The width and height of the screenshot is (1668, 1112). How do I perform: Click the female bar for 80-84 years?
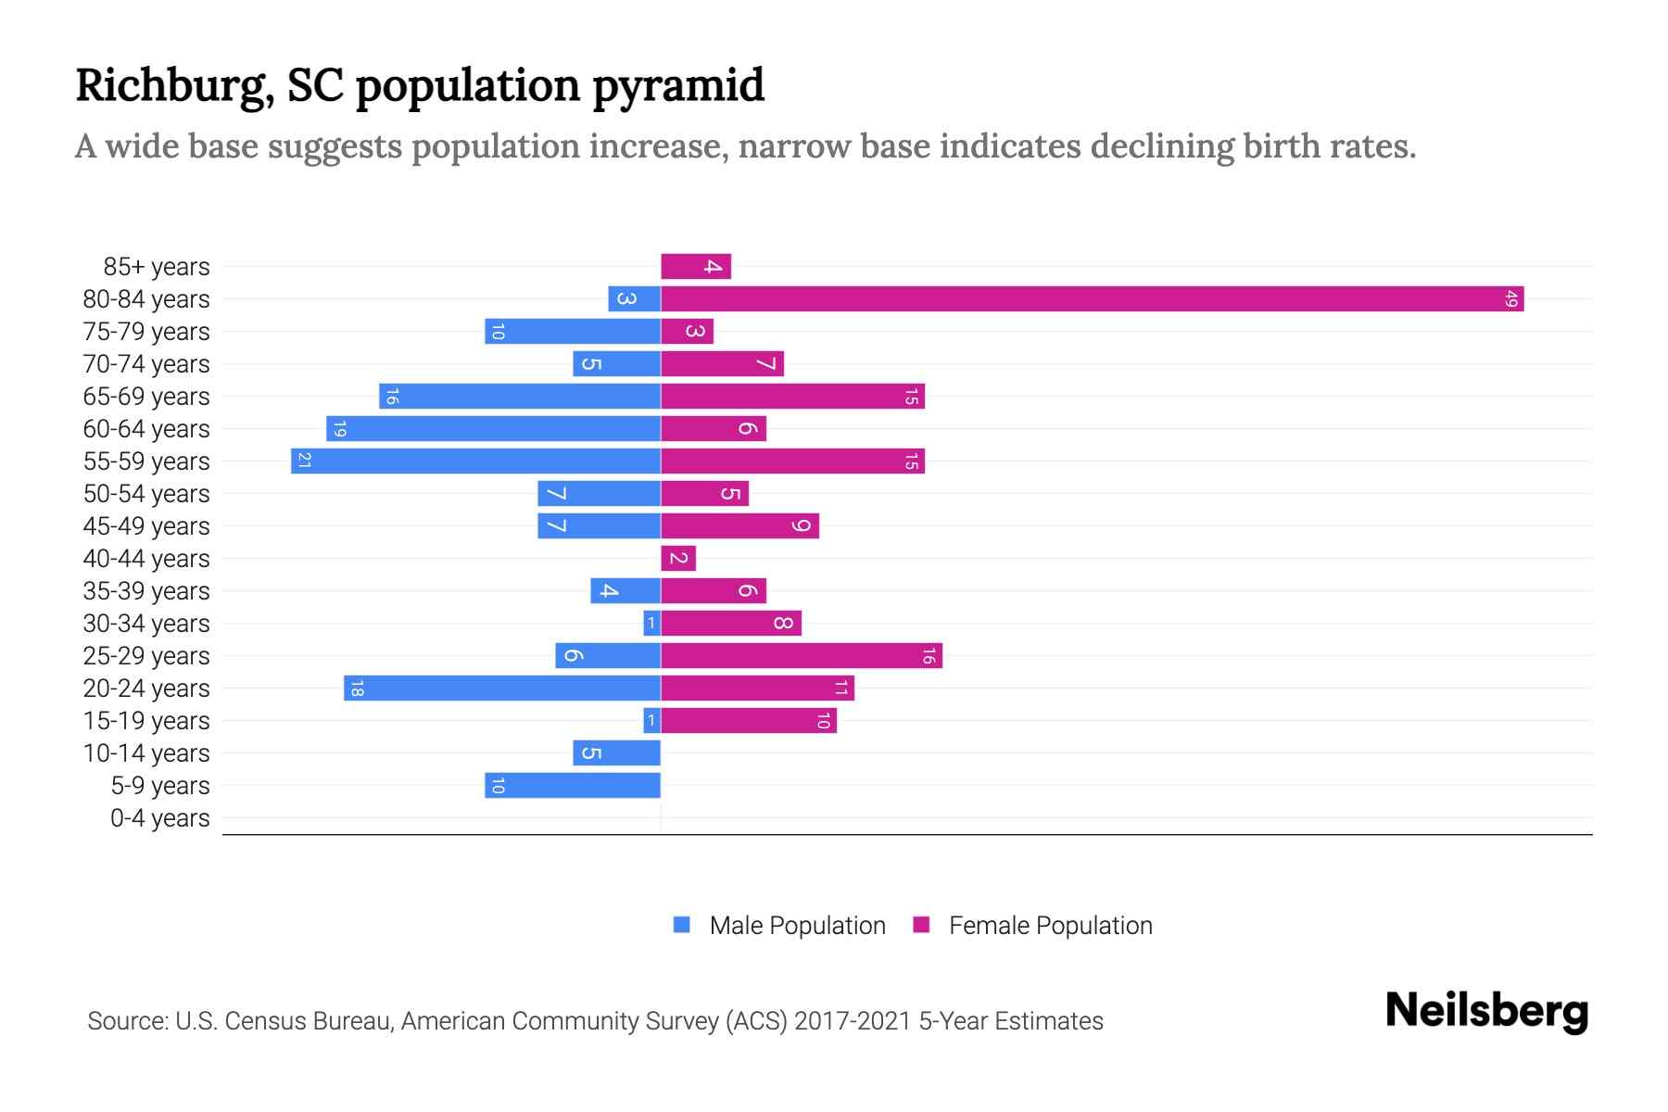(1092, 298)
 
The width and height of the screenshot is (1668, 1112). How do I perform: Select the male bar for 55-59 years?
(475, 461)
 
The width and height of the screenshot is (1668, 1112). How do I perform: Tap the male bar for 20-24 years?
(501, 688)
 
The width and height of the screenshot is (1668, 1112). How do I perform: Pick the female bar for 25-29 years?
(802, 655)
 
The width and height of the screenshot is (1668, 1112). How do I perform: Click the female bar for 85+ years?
(696, 266)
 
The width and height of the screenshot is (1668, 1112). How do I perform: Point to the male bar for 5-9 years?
(573, 785)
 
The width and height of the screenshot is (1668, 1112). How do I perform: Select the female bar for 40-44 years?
(678, 558)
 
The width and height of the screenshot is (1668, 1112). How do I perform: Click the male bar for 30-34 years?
(651, 623)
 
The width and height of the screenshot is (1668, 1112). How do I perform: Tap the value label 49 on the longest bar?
(1511, 298)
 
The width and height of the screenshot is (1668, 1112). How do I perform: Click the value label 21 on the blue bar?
(304, 461)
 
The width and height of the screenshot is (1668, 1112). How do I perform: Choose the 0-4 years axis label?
(159, 818)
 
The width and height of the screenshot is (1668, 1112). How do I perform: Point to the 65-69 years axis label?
(146, 397)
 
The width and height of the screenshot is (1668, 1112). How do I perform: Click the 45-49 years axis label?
(146, 526)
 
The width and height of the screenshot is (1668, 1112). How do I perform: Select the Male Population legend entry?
(796, 925)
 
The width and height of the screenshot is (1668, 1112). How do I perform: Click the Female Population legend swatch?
(921, 925)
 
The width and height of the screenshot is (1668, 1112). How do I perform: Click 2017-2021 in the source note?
(852, 1021)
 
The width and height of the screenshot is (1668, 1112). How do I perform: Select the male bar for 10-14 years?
(616, 752)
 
